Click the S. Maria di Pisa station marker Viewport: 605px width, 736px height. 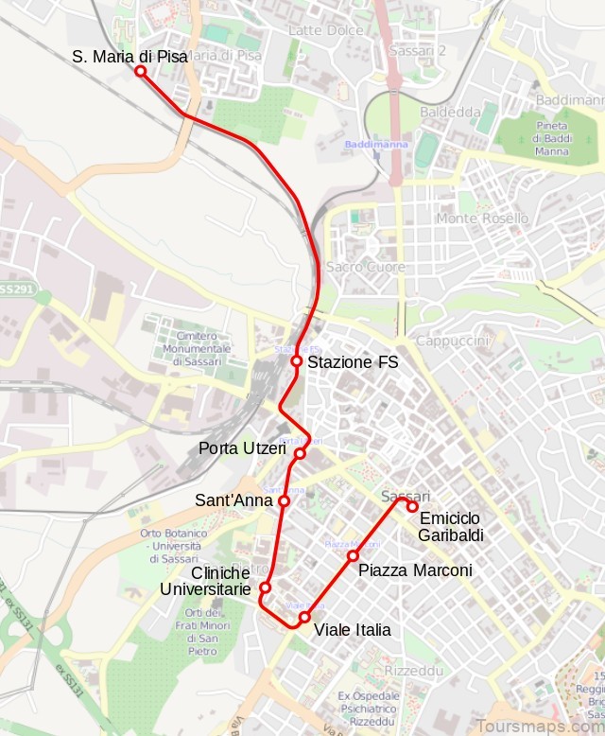pyautogui.click(x=140, y=71)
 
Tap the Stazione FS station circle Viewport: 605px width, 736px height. pyautogui.click(x=296, y=361)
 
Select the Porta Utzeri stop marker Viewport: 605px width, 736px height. pyautogui.click(x=300, y=454)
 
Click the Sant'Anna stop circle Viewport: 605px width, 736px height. pyautogui.click(x=284, y=500)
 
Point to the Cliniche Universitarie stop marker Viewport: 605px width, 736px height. pyautogui.click(x=265, y=587)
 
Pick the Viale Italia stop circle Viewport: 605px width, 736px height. pyautogui.click(x=304, y=618)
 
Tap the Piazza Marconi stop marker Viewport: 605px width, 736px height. pyautogui.click(x=353, y=555)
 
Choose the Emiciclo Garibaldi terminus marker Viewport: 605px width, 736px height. pyautogui.click(x=413, y=506)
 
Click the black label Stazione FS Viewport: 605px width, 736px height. pyautogui.click(x=354, y=362)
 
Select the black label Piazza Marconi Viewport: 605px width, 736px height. pyautogui.click(x=415, y=570)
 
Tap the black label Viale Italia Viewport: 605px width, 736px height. pyautogui.click(x=352, y=630)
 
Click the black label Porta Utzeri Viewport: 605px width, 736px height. pyautogui.click(x=242, y=448)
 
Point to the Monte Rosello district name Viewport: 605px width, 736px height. pyautogui.click(x=482, y=219)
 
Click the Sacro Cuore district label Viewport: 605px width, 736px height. pyautogui.click(x=366, y=268)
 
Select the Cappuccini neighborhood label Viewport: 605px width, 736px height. pyautogui.click(x=452, y=341)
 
